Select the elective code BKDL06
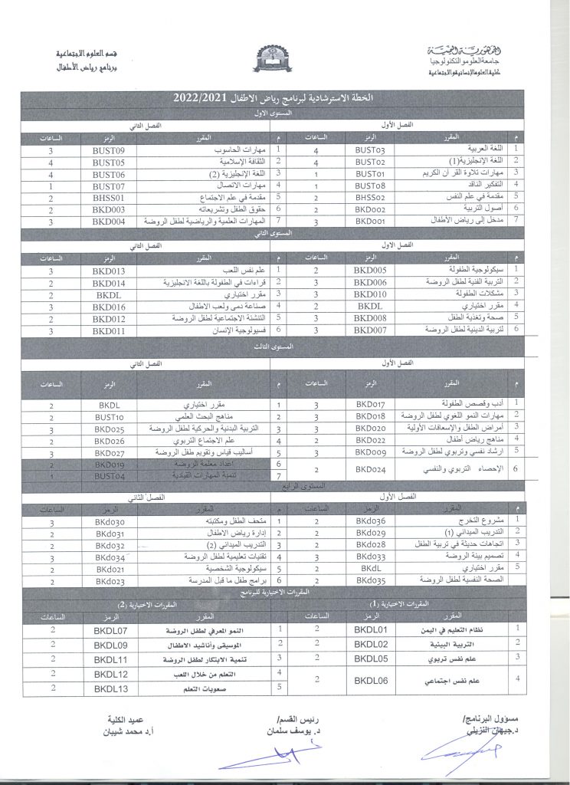tap(372, 679)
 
